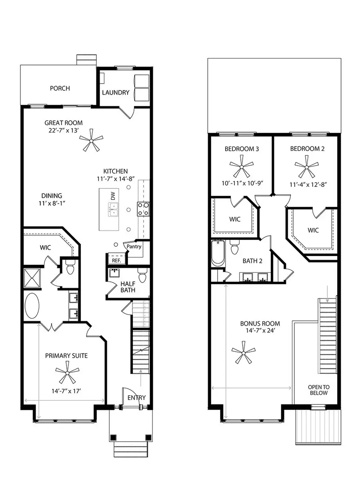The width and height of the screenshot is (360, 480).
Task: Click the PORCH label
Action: [x=60, y=88]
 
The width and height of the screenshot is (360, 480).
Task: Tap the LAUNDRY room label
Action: [x=116, y=93]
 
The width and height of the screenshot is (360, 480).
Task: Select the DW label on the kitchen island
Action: [x=113, y=196]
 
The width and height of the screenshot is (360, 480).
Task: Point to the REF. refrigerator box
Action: [x=116, y=260]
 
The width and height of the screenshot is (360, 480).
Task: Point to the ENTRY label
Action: [x=136, y=398]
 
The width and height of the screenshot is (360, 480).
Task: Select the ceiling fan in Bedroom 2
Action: [x=307, y=166]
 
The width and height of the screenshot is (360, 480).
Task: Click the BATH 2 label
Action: [x=252, y=261]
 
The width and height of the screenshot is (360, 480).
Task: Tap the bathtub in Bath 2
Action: [x=218, y=254]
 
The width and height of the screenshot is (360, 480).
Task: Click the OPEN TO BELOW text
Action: [x=318, y=390]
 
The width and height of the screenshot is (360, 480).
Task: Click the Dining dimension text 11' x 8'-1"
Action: [x=52, y=203]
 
